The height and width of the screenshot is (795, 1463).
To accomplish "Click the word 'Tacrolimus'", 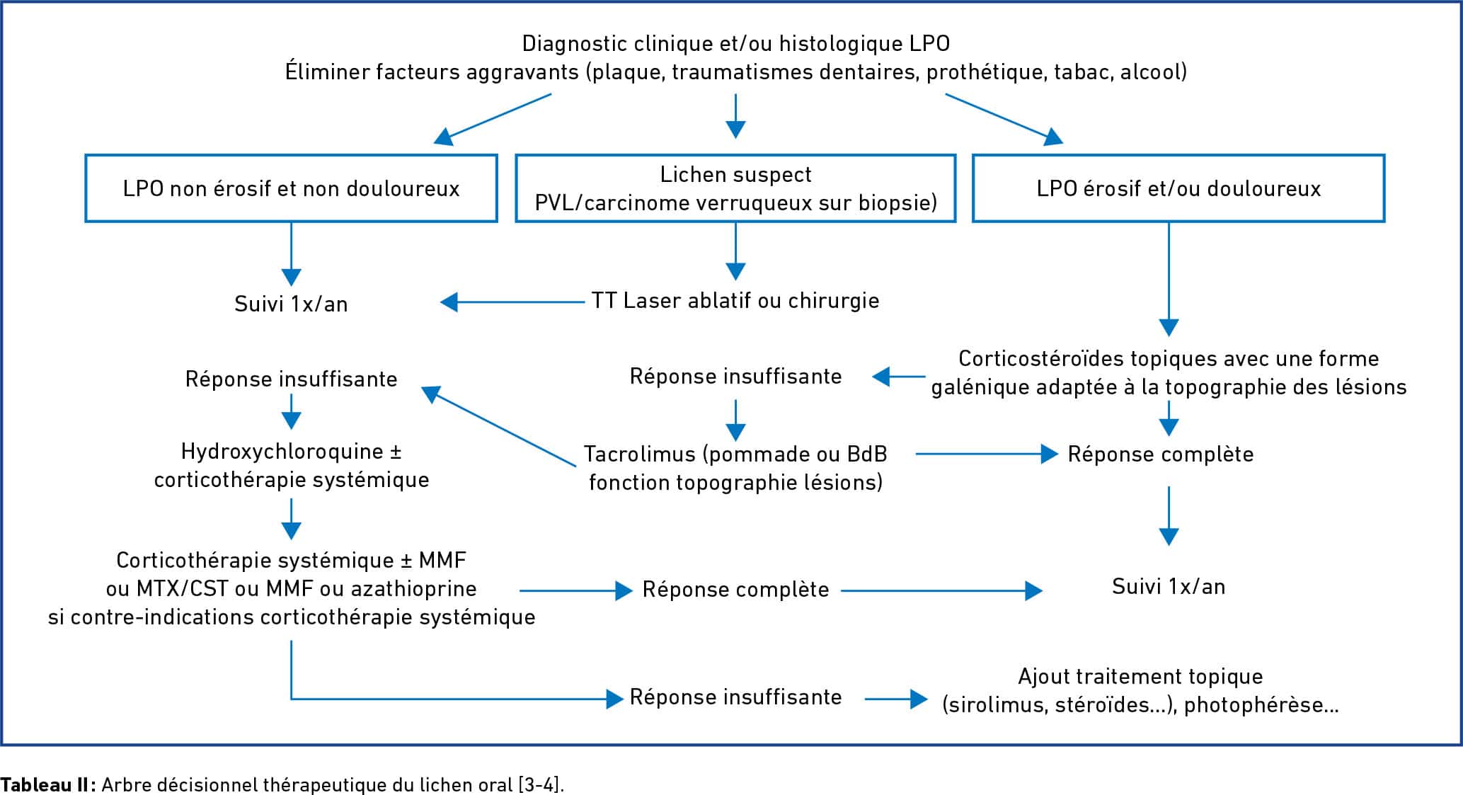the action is click(642, 454).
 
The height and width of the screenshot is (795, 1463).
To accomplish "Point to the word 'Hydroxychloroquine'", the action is click(282, 452).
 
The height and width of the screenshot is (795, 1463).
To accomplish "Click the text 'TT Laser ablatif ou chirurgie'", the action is click(735, 301).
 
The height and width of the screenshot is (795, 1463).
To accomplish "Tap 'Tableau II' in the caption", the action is click(45, 784).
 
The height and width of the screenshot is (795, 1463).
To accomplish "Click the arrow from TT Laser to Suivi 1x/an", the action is click(512, 302).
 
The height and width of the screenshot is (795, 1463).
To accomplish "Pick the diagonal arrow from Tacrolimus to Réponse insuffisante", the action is click(499, 426).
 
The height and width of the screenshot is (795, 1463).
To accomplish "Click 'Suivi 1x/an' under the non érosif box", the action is click(291, 304).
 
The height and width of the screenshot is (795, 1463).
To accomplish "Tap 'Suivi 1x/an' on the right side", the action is click(1169, 586).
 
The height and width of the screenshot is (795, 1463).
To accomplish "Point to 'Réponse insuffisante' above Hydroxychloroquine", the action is click(291, 379).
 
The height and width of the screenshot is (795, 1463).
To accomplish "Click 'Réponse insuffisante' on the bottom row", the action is click(735, 697).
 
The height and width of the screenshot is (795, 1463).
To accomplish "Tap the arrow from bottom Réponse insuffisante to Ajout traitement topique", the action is click(896, 699).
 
